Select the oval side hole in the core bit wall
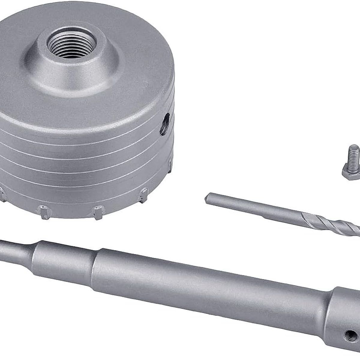click(x=165, y=124)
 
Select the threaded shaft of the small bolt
click(x=354, y=156)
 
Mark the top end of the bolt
click(x=354, y=147)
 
